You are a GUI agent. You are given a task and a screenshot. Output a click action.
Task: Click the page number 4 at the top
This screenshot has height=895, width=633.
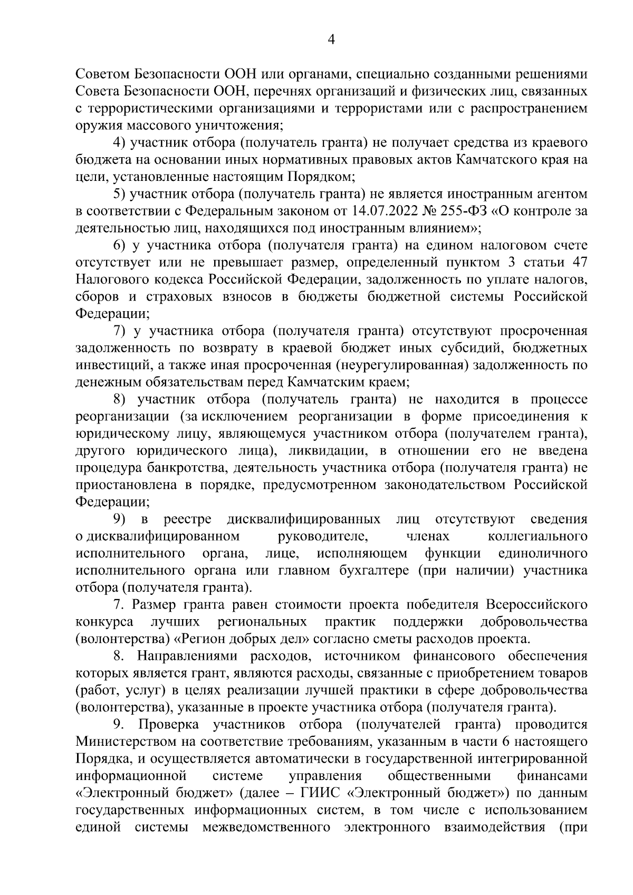331,41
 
